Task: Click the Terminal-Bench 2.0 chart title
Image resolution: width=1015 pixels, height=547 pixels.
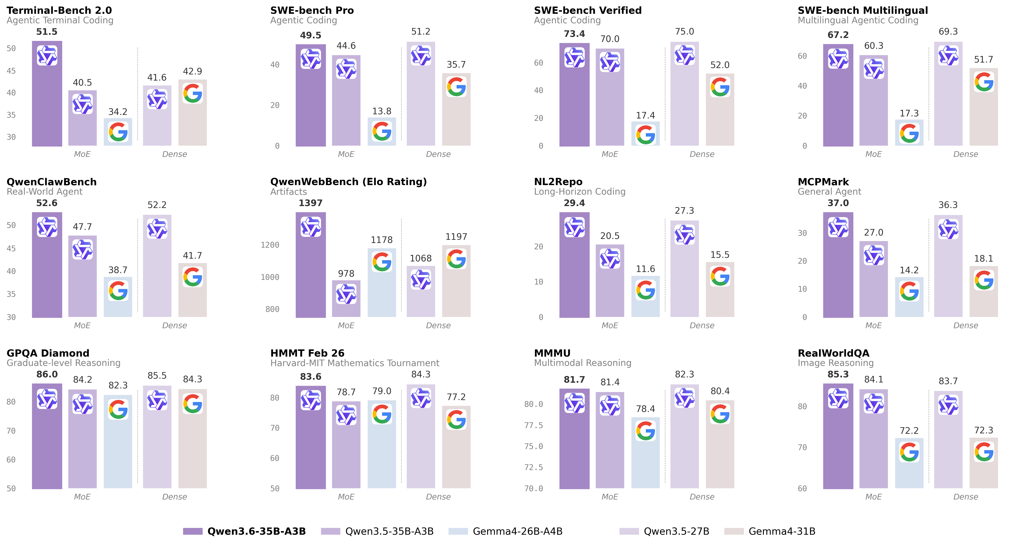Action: [59, 10]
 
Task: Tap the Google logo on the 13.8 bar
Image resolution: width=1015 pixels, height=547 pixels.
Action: [382, 131]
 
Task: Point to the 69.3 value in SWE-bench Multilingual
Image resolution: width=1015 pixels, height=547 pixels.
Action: [948, 32]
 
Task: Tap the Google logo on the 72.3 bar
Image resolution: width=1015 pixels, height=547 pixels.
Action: [983, 452]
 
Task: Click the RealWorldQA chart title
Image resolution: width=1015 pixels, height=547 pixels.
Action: [833, 353]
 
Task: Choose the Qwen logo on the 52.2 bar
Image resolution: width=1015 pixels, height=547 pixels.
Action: [157, 229]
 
